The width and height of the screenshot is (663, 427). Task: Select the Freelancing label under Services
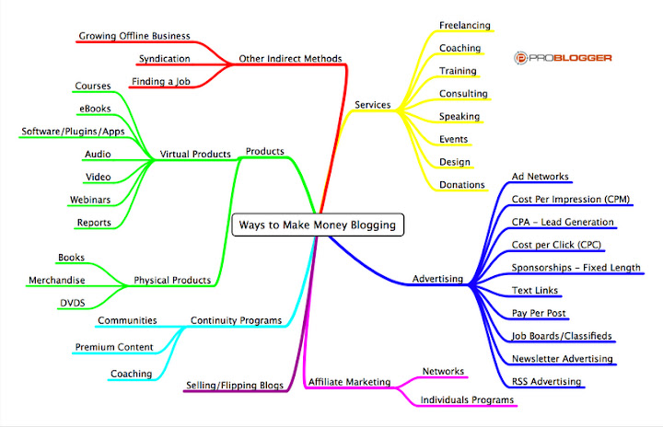[464, 25]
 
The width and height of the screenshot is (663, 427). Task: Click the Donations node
[462, 184]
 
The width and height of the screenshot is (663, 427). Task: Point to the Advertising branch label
[437, 278]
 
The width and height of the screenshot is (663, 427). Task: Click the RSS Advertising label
[547, 381]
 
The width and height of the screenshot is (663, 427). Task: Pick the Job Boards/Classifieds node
[561, 336]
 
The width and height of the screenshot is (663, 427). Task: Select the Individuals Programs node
[467, 399]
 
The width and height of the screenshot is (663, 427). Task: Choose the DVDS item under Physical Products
[72, 302]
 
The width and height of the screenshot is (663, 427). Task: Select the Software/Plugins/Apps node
[74, 132]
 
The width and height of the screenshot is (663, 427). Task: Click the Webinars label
[91, 199]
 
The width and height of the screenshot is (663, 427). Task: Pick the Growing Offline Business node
[134, 36]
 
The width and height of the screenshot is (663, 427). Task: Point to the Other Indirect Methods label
[290, 58]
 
